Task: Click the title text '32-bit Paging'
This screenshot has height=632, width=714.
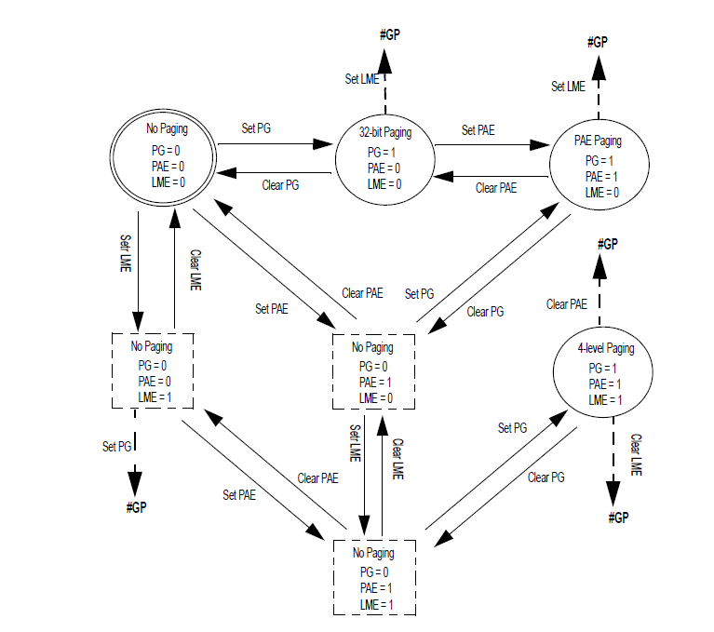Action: (384, 133)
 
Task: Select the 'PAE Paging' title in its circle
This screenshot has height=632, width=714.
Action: (598, 141)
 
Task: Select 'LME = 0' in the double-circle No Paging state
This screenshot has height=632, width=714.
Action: (168, 182)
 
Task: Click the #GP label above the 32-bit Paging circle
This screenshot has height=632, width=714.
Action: (389, 34)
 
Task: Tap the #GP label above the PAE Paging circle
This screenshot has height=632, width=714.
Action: (598, 42)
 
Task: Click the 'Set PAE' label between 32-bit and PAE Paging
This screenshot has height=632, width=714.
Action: (479, 130)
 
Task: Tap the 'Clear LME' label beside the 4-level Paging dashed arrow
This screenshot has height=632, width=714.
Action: (636, 455)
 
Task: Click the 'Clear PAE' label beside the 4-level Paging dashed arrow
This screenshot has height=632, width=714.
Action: (566, 303)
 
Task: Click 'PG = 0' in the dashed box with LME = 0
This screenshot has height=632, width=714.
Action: (371, 365)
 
